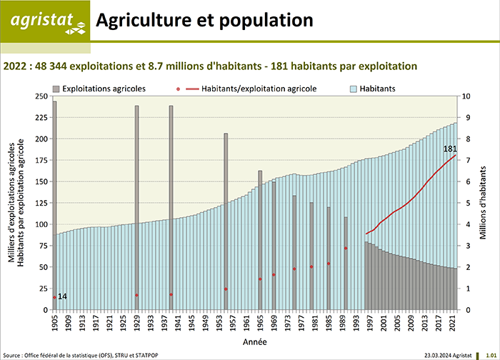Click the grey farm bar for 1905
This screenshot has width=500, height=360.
pos(54,207)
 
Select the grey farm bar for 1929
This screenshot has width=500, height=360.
pos(136,207)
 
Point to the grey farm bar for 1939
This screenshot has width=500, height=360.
pos(171,207)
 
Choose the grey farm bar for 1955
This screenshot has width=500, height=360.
pos(226,221)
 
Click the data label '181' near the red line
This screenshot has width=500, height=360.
pos(450,149)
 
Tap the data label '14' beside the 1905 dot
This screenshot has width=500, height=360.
pos(63,296)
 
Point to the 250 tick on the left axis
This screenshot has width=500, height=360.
pos(41,96)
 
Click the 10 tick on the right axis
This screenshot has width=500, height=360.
pos(466,96)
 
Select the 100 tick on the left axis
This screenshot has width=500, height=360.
pos(41,224)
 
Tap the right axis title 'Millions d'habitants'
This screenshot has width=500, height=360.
pos(485,203)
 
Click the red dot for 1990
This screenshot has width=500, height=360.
pos(346,249)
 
